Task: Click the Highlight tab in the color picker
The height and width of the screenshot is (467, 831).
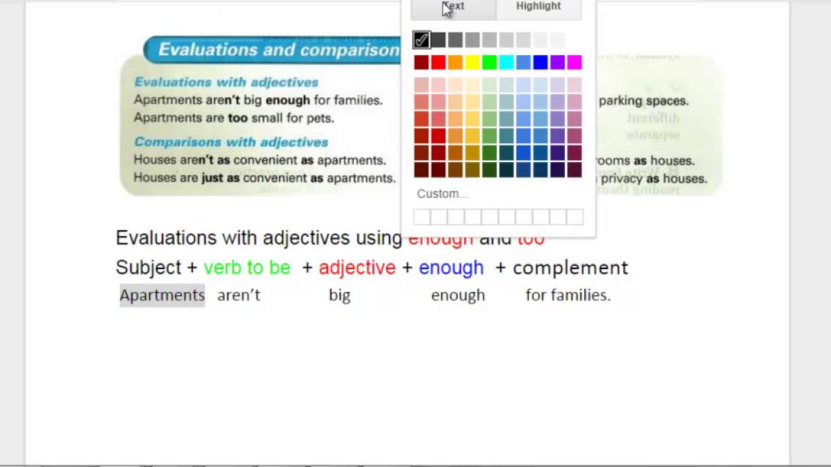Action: click(x=538, y=6)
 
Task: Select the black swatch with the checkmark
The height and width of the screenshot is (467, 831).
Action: click(x=421, y=40)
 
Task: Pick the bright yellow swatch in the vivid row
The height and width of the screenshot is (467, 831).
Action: click(x=472, y=62)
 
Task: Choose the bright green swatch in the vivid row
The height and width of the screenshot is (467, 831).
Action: click(x=490, y=62)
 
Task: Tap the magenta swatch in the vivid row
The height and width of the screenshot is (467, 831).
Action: click(x=575, y=62)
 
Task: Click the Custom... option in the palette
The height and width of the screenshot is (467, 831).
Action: click(x=443, y=194)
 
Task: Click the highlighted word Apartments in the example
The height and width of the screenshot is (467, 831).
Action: click(x=162, y=295)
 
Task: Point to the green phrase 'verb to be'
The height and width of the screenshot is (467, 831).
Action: click(x=247, y=268)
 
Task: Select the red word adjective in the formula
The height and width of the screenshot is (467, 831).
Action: click(x=357, y=268)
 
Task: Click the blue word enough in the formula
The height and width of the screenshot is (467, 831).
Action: click(x=451, y=268)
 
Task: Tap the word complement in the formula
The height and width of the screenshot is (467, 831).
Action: click(x=570, y=268)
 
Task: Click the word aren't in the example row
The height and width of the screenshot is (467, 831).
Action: click(x=238, y=295)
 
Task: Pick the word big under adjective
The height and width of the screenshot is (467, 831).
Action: click(x=340, y=295)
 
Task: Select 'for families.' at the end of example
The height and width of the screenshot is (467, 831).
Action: click(x=568, y=295)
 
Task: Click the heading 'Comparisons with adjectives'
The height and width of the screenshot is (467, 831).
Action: click(x=231, y=142)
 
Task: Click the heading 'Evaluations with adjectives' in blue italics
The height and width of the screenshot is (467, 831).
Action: click(x=226, y=82)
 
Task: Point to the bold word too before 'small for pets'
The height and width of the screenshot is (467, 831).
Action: click(x=237, y=118)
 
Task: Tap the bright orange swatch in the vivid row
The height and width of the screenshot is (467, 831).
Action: click(x=455, y=62)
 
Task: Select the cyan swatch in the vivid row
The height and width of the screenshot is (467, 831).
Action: click(x=506, y=62)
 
